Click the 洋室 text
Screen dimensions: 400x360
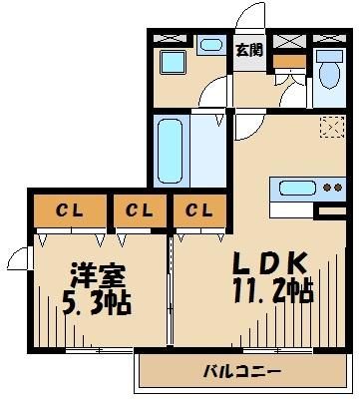pyautogui.click(x=89, y=273)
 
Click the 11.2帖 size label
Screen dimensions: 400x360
pyautogui.click(x=265, y=291)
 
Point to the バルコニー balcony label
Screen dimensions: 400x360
pyautogui.click(x=243, y=372)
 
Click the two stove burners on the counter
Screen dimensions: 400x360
pyautogui.click(x=330, y=189)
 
